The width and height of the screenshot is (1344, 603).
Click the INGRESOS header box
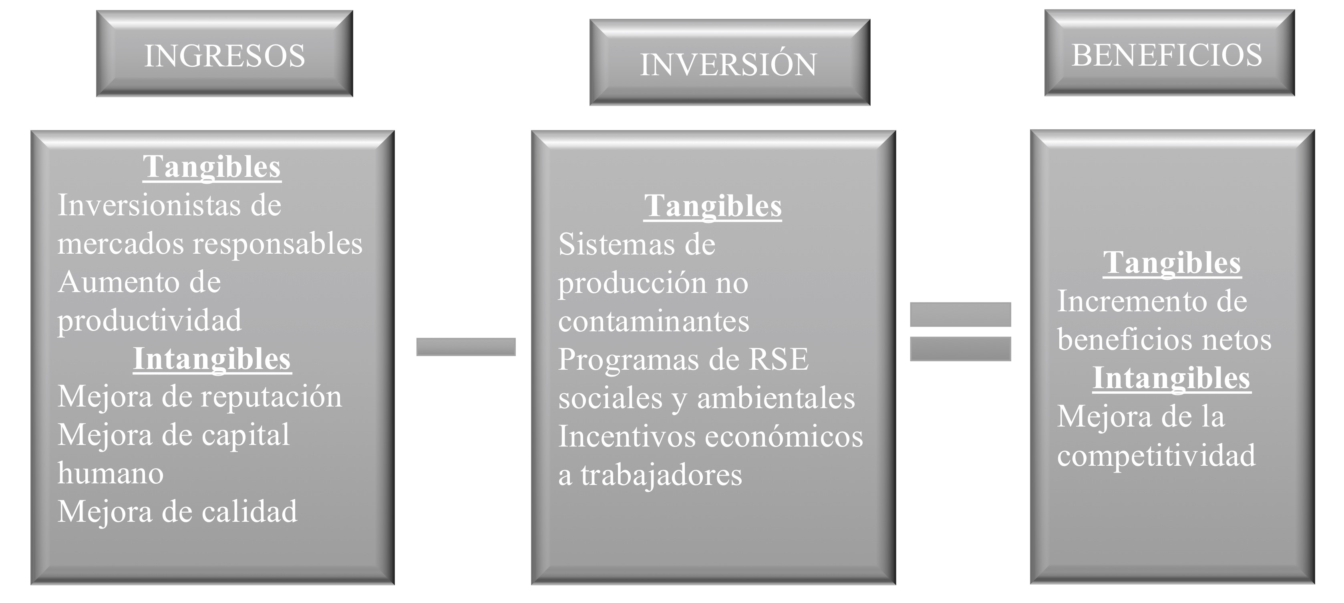pos(224,54)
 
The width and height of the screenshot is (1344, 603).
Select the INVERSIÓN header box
pos(729,62)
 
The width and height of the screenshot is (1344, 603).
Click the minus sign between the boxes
pos(465,347)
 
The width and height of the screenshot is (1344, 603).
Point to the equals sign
pos(960,331)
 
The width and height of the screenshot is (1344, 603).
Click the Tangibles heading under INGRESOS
pos(212,167)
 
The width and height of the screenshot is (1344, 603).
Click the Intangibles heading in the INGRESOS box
pos(212,359)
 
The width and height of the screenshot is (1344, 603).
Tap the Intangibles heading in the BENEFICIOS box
pos(1172,379)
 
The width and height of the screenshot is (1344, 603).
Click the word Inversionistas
pos(148,205)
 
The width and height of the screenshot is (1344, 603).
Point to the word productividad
pos(150,320)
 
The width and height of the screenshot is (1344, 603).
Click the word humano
pos(111,473)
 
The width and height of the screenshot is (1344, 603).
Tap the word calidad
pos(249,512)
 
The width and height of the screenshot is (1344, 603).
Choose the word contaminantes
pos(653,321)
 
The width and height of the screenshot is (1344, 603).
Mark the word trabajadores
pos(661,475)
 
